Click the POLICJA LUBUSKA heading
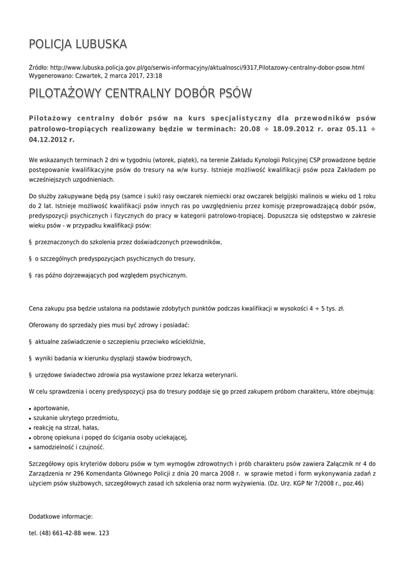click(78, 44)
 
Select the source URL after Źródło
click(207, 67)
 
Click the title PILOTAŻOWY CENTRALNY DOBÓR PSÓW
click(140, 93)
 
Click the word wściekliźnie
click(184, 341)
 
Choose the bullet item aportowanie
click(51, 408)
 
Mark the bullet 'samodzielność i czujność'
click(69, 447)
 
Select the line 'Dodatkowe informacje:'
click(61, 516)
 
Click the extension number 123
click(103, 533)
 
